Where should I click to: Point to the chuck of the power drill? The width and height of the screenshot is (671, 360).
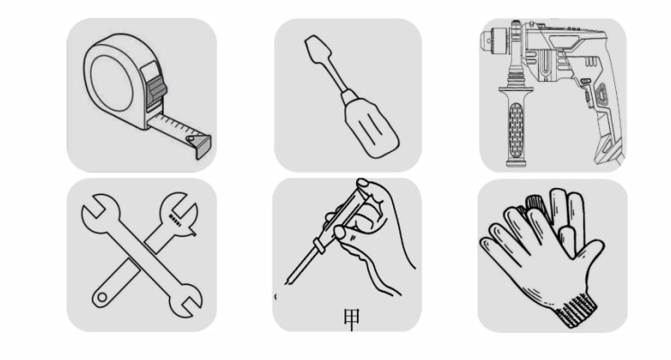click(x=495, y=40)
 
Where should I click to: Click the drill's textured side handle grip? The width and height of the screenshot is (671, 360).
click(x=516, y=130)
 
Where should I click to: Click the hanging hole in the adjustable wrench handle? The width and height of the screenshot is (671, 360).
click(x=102, y=297)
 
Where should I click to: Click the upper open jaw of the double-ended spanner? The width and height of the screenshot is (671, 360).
click(x=99, y=214)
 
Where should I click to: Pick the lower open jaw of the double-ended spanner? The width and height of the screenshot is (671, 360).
click(x=184, y=301)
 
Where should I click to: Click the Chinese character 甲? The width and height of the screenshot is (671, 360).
click(x=352, y=319)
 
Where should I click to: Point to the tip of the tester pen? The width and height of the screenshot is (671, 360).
click(x=287, y=282)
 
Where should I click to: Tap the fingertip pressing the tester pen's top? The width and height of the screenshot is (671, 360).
click(x=362, y=184)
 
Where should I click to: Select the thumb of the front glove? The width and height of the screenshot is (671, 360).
click(x=587, y=253)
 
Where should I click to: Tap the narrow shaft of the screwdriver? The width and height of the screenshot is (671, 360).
click(x=335, y=76)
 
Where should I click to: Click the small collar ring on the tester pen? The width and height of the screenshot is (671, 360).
click(x=318, y=247)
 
